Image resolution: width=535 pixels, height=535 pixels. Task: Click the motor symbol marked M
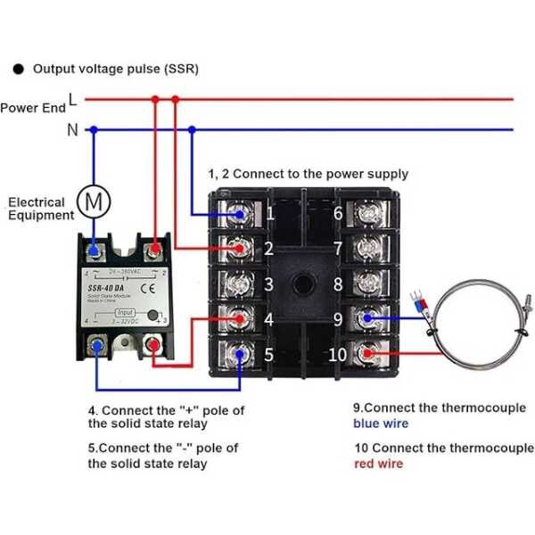tap(92, 202)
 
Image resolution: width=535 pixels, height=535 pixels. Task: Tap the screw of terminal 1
tap(239, 214)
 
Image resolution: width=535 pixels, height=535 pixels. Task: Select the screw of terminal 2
tap(239, 248)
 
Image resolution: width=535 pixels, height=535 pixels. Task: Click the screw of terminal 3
tap(239, 284)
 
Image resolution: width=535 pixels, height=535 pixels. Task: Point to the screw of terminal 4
tap(239, 318)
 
